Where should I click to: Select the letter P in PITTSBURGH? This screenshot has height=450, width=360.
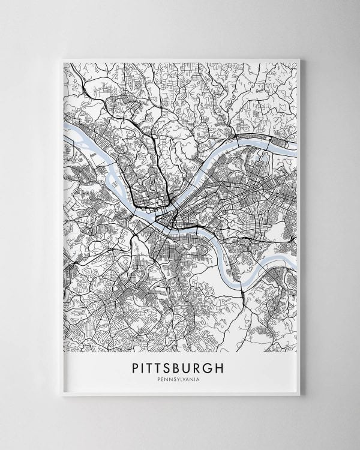(x=135, y=368)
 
